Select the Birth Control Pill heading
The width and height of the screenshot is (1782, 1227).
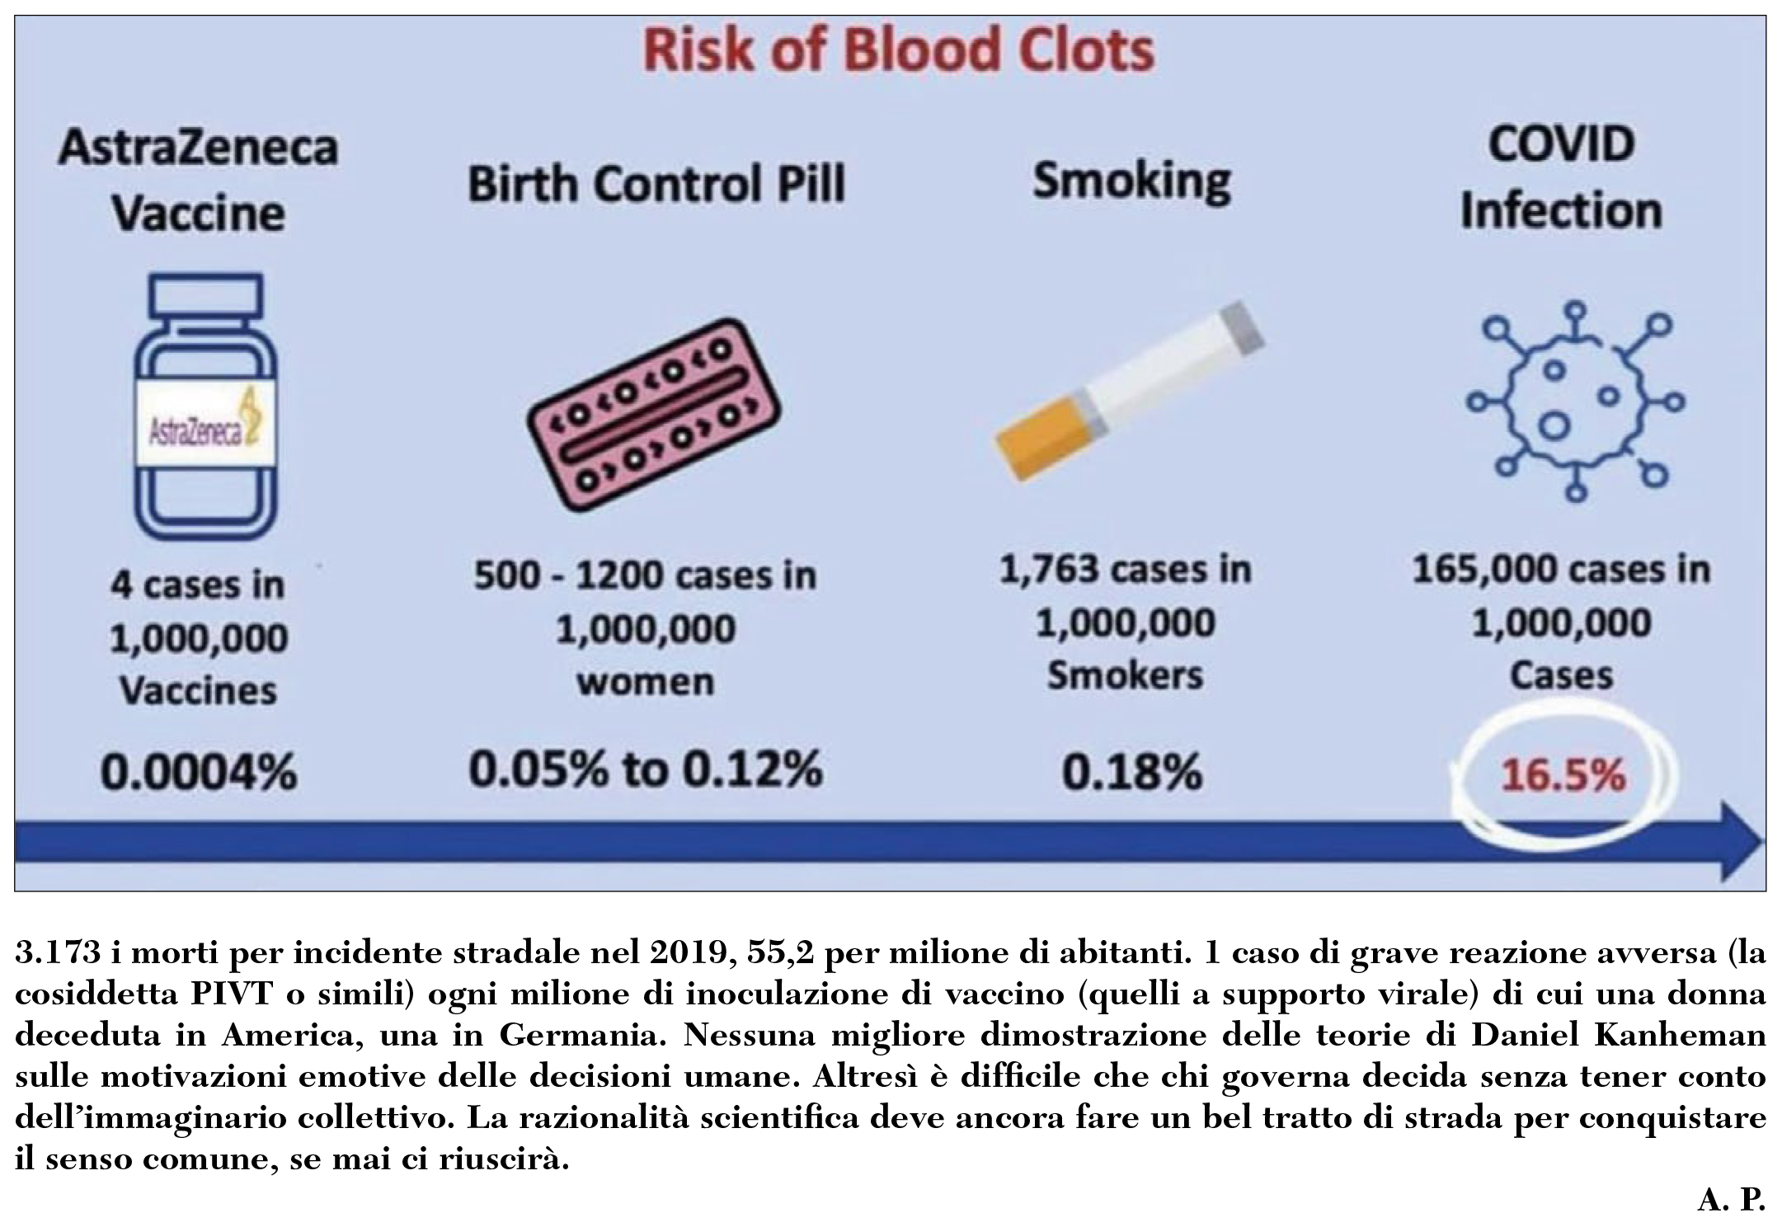click(656, 183)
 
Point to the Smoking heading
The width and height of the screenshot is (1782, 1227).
click(1131, 181)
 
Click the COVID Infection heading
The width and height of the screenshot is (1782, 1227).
click(1561, 178)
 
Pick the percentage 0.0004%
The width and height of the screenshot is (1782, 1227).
click(198, 773)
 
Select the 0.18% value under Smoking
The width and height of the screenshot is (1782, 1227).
click(1131, 773)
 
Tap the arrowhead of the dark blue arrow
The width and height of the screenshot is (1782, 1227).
click(1736, 841)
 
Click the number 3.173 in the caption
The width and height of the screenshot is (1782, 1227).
click(58, 954)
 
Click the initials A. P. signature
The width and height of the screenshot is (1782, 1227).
click(1730, 1201)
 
